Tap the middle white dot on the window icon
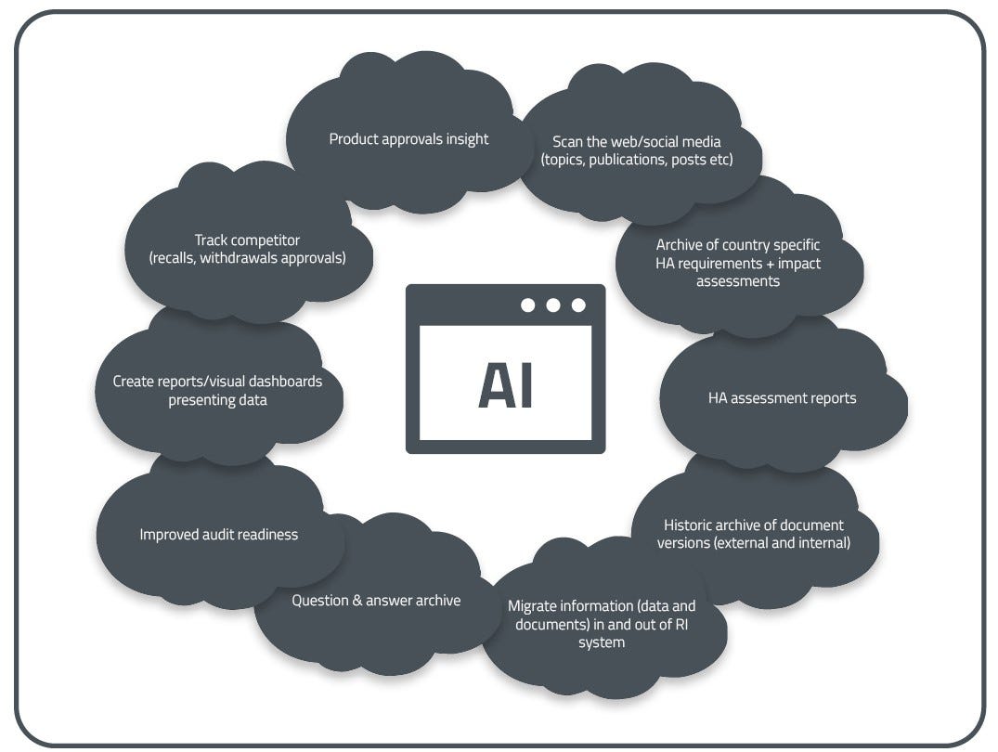553,305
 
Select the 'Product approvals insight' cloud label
408,139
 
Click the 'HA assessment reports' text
782,398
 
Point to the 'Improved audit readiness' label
219,534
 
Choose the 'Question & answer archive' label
376,601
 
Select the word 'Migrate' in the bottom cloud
533,606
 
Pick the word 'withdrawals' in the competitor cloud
234,258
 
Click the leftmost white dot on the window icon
528,305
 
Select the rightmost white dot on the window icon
578,305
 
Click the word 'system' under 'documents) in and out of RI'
601,642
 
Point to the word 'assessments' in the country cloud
738,280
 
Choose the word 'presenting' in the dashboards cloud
201,400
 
